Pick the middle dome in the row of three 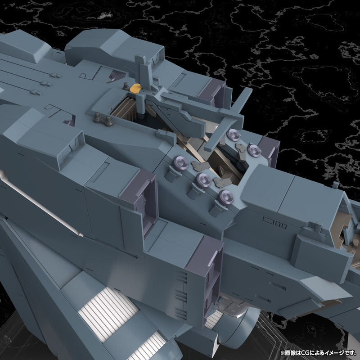[202, 179]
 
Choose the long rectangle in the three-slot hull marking [269, 221]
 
